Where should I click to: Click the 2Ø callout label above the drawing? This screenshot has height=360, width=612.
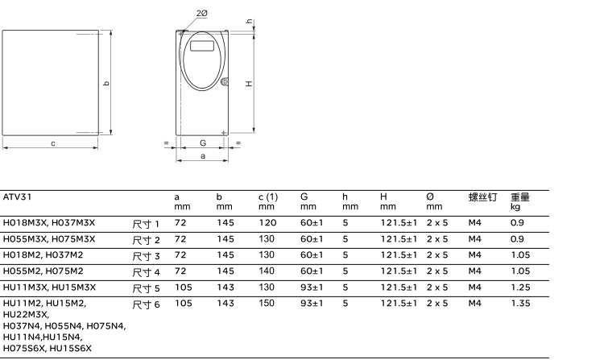(202, 13)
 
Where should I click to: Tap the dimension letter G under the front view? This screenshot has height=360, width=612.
(203, 143)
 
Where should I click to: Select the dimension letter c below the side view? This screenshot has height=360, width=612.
(53, 143)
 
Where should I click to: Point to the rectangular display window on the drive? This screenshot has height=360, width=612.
(202, 46)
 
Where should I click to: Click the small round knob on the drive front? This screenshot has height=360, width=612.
(224, 81)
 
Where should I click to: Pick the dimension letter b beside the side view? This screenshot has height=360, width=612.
(106, 83)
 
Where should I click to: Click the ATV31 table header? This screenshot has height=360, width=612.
(17, 197)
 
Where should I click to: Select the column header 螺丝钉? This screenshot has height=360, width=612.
(482, 197)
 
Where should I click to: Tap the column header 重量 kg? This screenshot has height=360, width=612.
(520, 201)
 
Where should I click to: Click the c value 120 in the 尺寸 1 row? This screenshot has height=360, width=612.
(267, 223)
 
